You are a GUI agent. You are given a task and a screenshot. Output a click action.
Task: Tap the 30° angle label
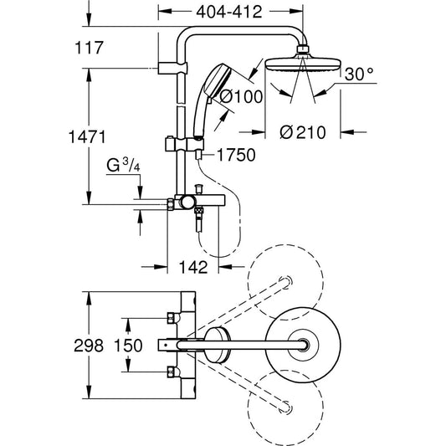click(357, 74)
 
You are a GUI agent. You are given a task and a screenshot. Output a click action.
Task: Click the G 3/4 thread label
click(116, 172)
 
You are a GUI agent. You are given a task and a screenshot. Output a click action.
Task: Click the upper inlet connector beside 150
click(174, 317)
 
